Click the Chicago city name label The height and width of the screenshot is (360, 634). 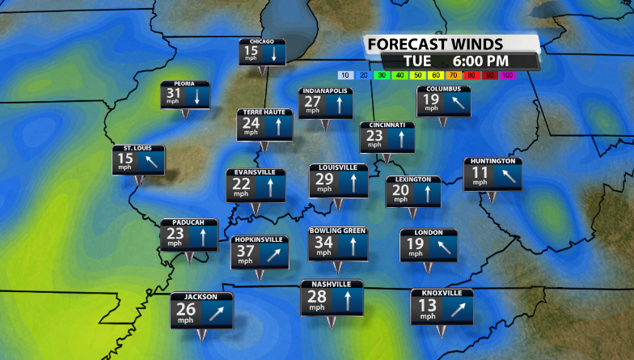pyautogui.click(x=263, y=41)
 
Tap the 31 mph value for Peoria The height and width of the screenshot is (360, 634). pyautogui.click(x=173, y=95)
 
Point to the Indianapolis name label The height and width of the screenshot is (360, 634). pyautogui.click(x=325, y=91)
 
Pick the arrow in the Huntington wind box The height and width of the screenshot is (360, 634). pyautogui.click(x=507, y=176)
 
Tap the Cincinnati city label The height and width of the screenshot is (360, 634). pyautogui.click(x=387, y=125)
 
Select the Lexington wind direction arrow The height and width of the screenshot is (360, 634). pyautogui.click(x=426, y=193)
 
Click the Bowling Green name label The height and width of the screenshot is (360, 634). pyautogui.click(x=338, y=231)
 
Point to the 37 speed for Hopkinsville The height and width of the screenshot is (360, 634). pyautogui.click(x=243, y=252)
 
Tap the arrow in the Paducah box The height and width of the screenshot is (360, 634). pyautogui.click(x=204, y=235)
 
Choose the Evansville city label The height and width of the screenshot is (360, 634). pyautogui.click(x=255, y=172)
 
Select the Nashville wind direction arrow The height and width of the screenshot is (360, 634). pyautogui.click(x=346, y=302)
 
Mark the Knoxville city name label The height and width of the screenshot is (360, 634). pyautogui.click(x=442, y=293)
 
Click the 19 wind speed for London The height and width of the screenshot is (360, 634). pyautogui.click(x=415, y=244)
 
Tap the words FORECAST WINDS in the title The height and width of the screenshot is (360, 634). pyautogui.click(x=435, y=44)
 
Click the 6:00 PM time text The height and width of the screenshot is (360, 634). pyautogui.click(x=480, y=61)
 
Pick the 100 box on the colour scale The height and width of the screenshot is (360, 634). pyautogui.click(x=507, y=75)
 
